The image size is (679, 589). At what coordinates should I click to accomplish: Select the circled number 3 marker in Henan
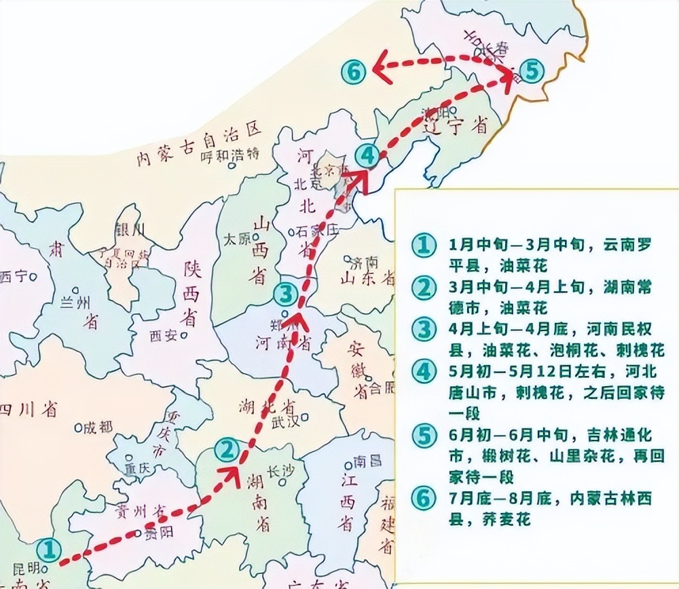[x=286, y=294]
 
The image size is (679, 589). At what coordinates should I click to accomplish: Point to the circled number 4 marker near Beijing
[x=367, y=156]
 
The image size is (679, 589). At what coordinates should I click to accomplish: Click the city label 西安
[x=164, y=335]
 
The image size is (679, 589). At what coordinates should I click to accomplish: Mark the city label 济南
[x=363, y=261]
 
